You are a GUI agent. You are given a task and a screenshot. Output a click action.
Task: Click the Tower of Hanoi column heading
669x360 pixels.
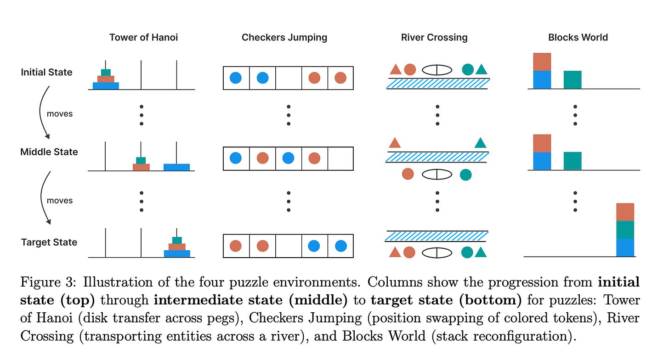click(x=143, y=38)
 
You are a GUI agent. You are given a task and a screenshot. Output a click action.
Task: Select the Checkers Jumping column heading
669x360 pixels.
click(x=284, y=38)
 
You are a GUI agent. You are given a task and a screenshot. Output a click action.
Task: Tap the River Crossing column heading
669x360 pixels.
click(x=434, y=38)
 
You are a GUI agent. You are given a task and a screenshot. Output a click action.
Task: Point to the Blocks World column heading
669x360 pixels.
click(x=578, y=38)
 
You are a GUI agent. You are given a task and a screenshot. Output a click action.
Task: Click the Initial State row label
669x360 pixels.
click(x=46, y=72)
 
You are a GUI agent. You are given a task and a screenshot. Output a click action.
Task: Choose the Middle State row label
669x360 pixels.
click(x=49, y=152)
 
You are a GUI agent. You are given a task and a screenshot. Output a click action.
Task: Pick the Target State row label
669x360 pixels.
click(x=49, y=242)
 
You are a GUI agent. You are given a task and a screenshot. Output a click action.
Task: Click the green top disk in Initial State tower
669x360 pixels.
click(x=106, y=73)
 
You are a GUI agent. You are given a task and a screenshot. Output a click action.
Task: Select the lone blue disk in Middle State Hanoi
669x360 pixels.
click(x=176, y=167)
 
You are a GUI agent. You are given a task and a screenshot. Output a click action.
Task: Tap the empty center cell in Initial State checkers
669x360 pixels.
click(x=288, y=78)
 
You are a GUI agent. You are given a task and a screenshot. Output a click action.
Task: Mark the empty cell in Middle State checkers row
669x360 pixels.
click(x=340, y=158)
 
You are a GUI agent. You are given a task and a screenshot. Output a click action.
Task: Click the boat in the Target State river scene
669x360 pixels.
click(x=437, y=252)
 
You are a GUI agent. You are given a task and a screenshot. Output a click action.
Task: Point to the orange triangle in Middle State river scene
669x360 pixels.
click(x=394, y=142)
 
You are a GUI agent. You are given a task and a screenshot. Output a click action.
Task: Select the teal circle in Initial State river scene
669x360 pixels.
click(x=468, y=69)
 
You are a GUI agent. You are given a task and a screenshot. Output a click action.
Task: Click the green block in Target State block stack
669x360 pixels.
click(x=625, y=230)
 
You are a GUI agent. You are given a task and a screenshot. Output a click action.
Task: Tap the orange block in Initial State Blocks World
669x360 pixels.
click(x=542, y=62)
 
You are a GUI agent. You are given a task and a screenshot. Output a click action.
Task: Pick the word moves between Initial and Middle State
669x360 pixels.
click(x=60, y=113)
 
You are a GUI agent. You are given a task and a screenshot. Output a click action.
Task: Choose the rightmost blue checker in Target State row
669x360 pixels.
click(x=340, y=246)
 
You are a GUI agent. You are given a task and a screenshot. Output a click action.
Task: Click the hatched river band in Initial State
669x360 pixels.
click(x=438, y=83)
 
